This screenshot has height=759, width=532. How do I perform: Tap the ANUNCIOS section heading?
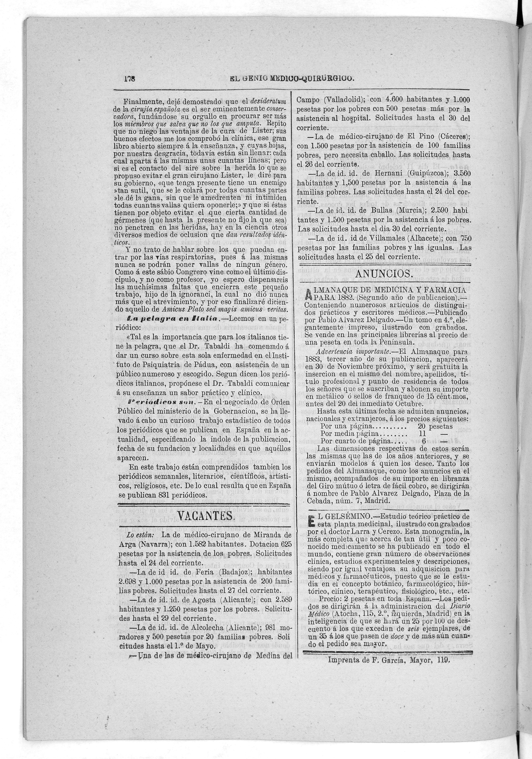(384, 274)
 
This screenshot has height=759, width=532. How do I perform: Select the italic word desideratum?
(269, 101)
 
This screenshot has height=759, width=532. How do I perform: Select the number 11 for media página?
(422, 433)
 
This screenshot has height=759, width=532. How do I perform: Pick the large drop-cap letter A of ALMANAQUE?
(309, 293)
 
